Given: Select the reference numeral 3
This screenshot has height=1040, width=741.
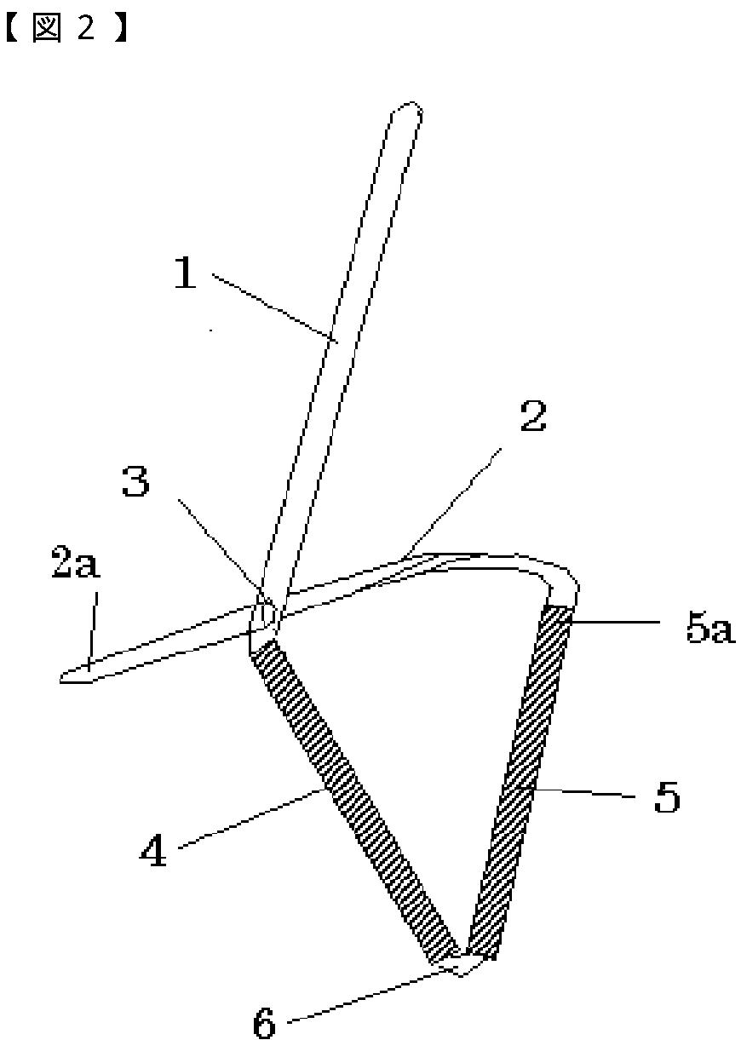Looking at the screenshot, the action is pos(135,483).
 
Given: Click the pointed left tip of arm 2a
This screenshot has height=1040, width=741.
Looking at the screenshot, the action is pos(65,679).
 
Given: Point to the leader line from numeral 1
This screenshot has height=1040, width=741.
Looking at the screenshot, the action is pos(273,307).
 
